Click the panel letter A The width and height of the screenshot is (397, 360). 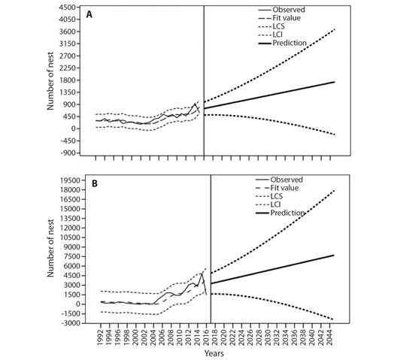pos(89,15)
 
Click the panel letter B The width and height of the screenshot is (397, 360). pos(95,183)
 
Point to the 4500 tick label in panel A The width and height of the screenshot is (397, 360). pos(68,8)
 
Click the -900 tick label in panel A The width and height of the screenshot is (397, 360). pos(68,153)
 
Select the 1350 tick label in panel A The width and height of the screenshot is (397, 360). pos(68,92)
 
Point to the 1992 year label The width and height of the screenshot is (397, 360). pos(101,337)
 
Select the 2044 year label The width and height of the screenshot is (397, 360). pos(330,337)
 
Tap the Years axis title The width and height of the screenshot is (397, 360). pos(214,353)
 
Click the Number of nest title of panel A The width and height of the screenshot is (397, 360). pos(50,81)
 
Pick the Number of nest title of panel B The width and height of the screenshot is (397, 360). pos(50,248)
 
